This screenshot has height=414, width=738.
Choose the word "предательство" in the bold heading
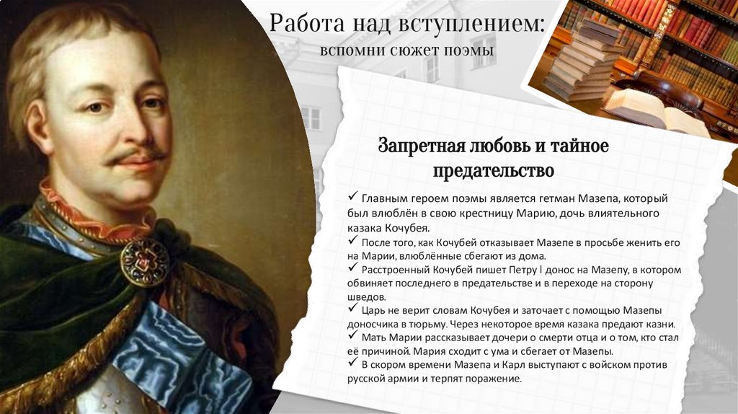[x=494, y=172]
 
